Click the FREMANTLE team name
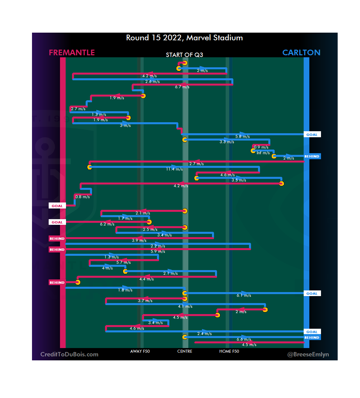(72, 53)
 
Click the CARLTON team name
(301, 53)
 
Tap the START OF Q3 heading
(184, 55)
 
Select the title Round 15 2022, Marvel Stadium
(184, 38)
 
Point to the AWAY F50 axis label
(140, 351)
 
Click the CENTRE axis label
(185, 351)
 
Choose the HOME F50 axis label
(229, 351)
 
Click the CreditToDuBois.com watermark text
(69, 354)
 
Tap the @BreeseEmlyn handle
(308, 354)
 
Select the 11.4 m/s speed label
(174, 169)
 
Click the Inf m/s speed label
(263, 153)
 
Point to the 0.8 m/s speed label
(82, 197)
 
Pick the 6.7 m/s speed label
(182, 87)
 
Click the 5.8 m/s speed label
(242, 137)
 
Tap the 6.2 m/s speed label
(107, 224)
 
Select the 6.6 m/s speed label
(244, 339)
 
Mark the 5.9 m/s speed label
(158, 251)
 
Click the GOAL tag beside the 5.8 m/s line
(312, 135)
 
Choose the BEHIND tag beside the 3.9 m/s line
(57, 238)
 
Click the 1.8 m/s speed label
(125, 290)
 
